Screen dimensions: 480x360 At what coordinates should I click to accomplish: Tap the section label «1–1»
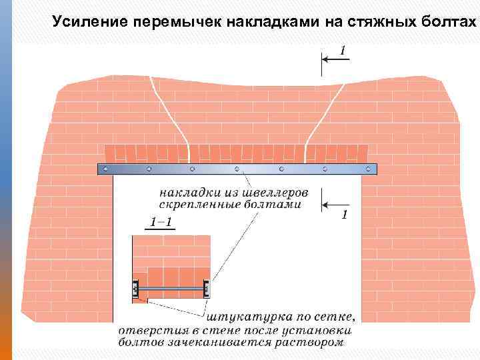[x=159, y=223]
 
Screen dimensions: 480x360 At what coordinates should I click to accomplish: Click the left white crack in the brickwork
[x=172, y=114]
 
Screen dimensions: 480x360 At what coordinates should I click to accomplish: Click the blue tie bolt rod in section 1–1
[x=172, y=289]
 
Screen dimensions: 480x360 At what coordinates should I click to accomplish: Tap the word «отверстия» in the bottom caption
[x=145, y=331]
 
